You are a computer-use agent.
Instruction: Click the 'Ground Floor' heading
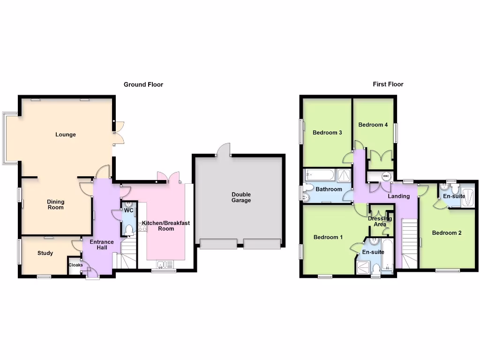point(143,84)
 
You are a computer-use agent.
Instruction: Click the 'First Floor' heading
point(388,84)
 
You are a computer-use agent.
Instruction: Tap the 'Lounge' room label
point(66,135)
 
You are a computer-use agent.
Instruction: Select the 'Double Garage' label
point(241,197)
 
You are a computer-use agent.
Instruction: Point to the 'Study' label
point(45,253)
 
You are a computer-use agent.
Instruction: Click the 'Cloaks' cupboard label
point(75,265)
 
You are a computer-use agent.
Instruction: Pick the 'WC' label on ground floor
point(128,211)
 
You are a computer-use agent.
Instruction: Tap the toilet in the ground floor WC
point(129,229)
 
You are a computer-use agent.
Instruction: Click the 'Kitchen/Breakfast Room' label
point(166,226)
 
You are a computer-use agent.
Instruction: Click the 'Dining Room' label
point(55,204)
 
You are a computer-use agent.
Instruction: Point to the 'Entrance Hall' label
point(102,245)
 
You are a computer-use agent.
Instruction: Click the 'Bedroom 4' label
point(373,125)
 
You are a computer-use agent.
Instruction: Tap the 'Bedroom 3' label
point(327,133)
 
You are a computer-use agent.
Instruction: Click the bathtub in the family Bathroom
point(320,176)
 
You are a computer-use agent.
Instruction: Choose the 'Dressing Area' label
point(380,221)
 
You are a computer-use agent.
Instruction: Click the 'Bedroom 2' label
point(447,233)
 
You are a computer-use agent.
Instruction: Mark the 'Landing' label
point(398,196)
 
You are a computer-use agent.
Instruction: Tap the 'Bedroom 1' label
point(328,237)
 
